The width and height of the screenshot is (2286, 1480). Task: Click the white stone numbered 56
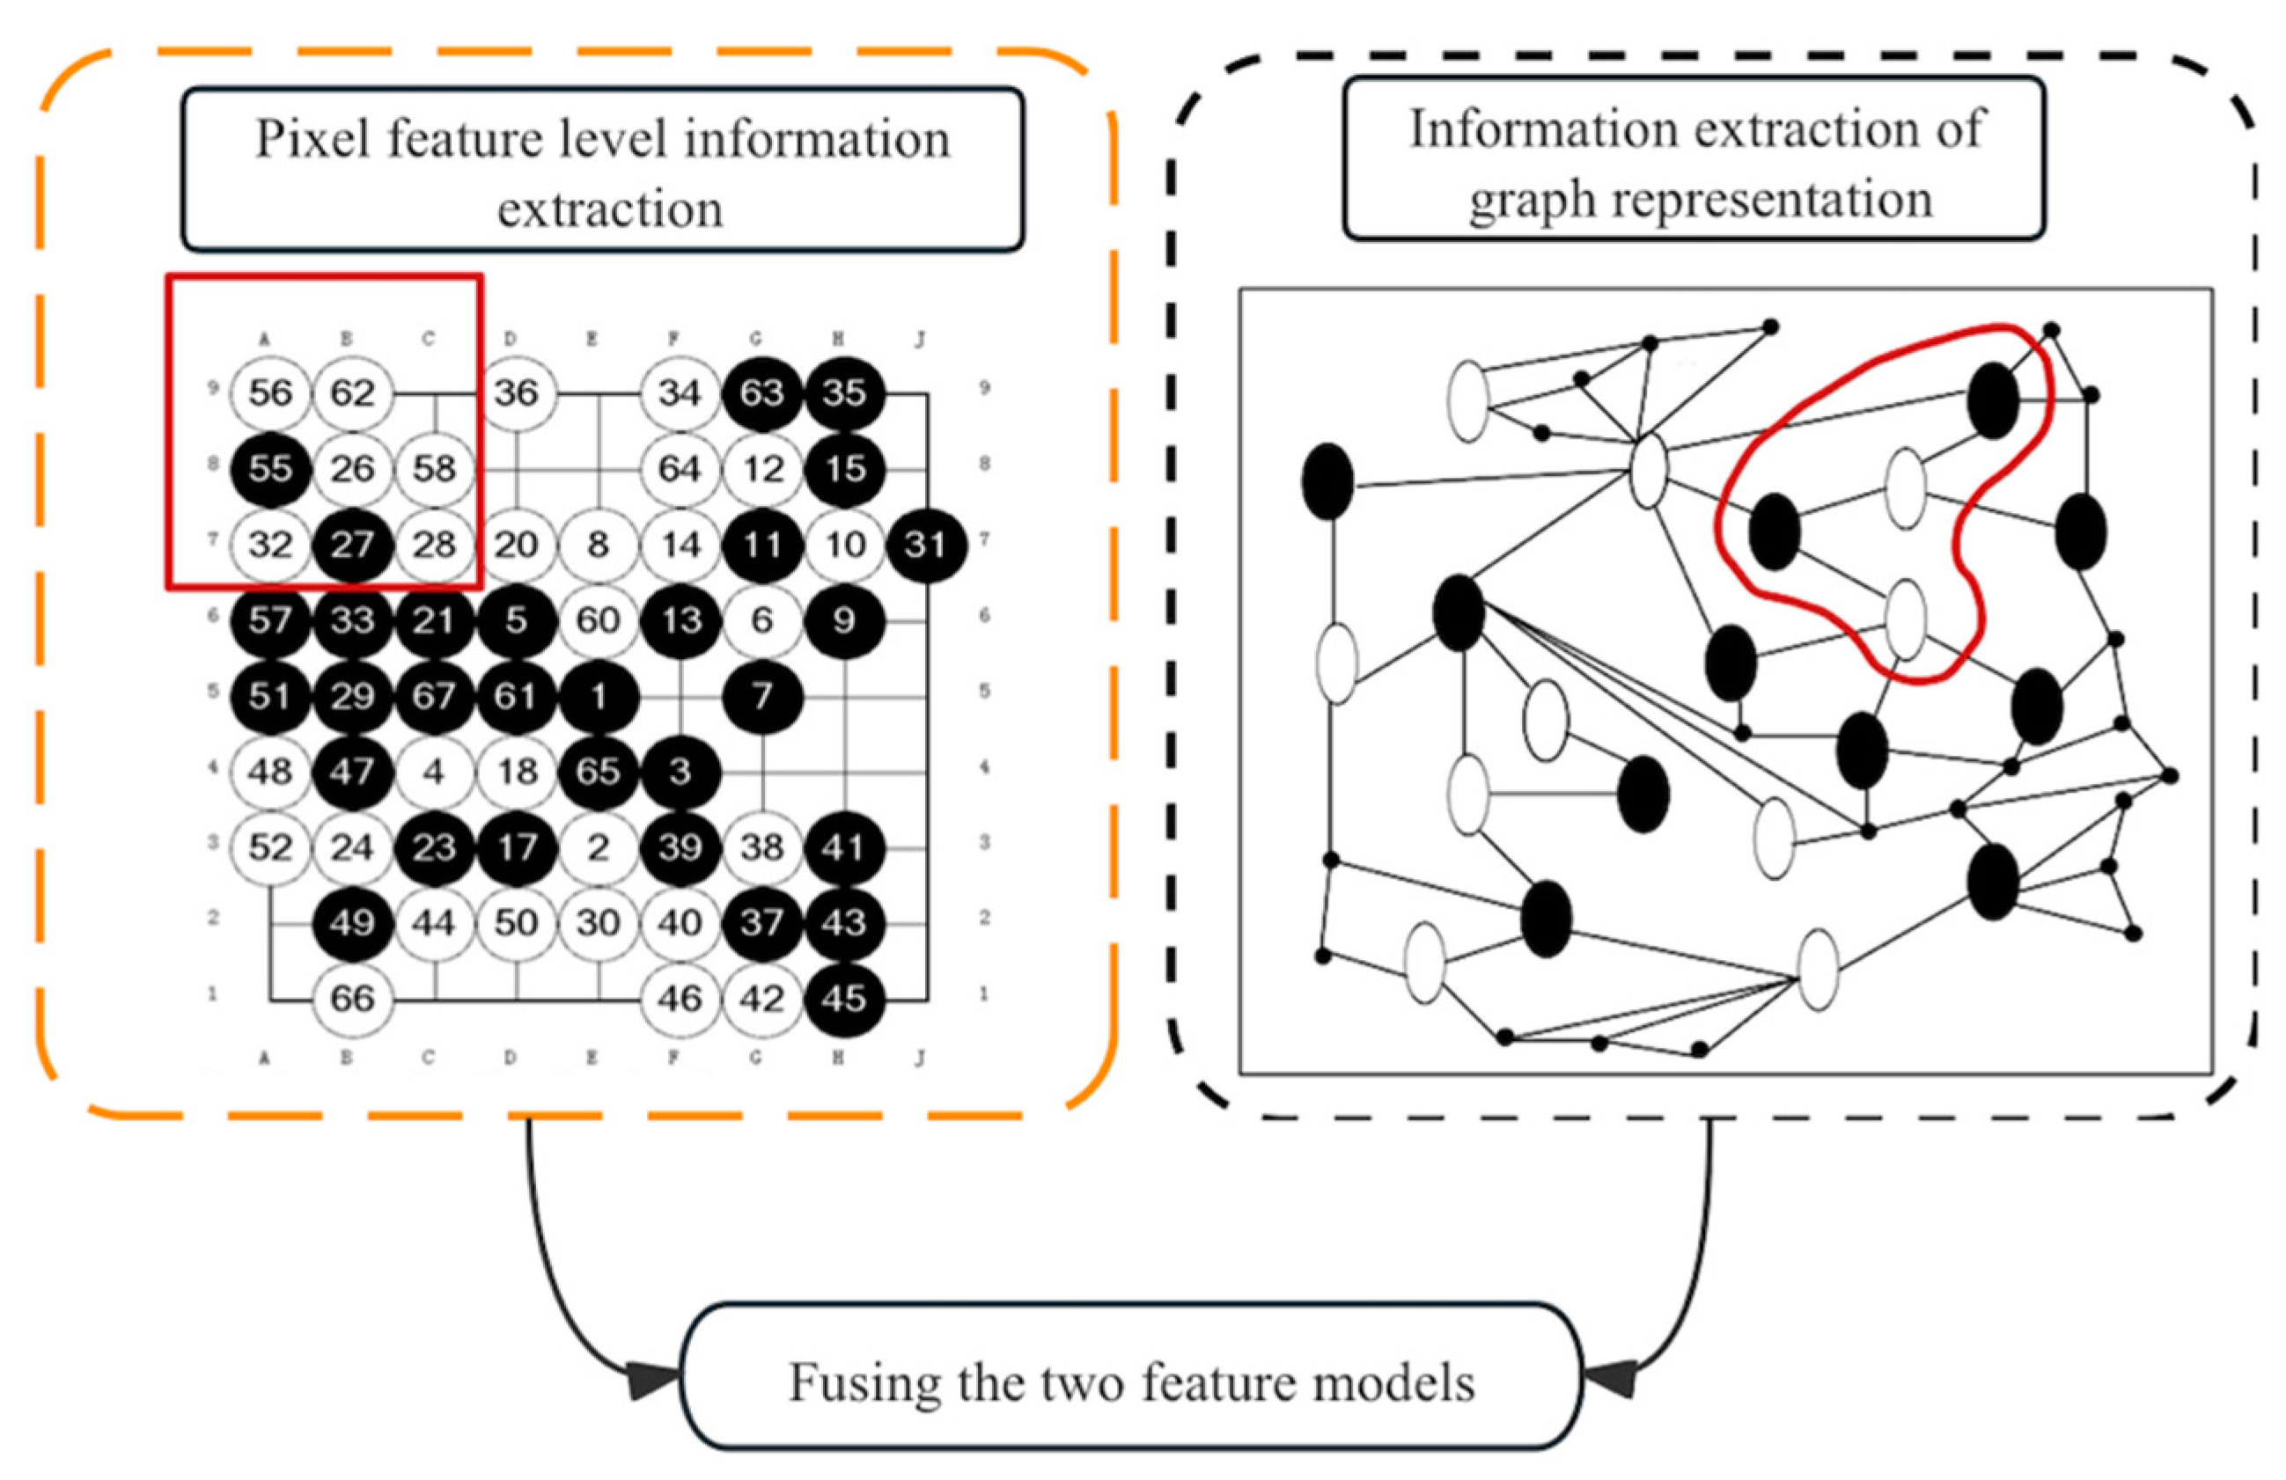[x=270, y=392]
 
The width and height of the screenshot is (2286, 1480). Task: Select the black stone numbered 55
[x=270, y=469]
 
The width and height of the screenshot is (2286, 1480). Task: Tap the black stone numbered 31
[x=925, y=545]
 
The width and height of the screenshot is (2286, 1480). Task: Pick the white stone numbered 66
[x=352, y=999]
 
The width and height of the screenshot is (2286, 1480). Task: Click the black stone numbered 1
[x=598, y=696]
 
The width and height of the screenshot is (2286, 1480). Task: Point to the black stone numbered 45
[x=843, y=999]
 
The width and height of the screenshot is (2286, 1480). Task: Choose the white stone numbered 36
[x=516, y=392]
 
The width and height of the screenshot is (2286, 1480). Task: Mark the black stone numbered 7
[x=761, y=696]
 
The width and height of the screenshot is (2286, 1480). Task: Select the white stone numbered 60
[x=598, y=620]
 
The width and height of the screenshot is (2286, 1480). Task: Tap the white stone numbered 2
[x=598, y=847]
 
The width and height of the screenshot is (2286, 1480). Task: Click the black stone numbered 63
[x=761, y=392]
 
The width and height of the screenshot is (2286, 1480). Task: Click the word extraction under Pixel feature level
[x=610, y=209]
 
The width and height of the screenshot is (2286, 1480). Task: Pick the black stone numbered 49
[x=352, y=923]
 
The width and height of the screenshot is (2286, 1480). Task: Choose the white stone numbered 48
[x=270, y=771]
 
